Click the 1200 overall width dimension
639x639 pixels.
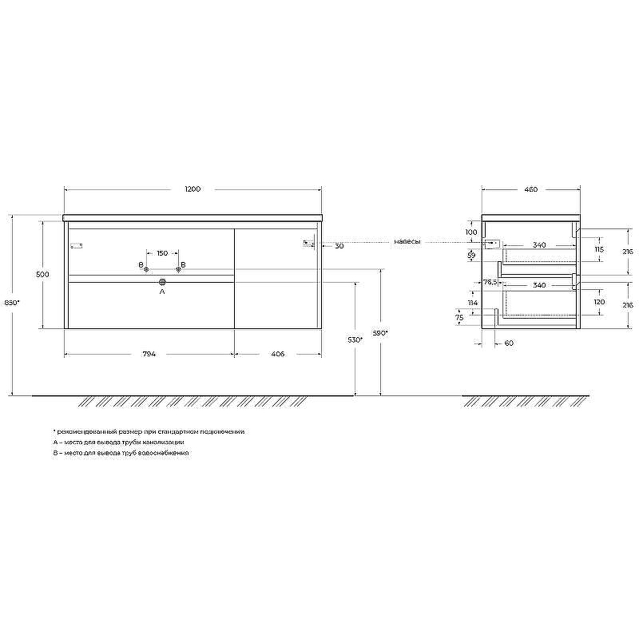coord(192,189)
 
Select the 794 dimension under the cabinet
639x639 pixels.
coord(149,354)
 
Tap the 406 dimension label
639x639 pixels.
coord(277,354)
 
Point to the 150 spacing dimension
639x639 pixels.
coord(162,253)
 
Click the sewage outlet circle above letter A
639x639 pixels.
coord(162,282)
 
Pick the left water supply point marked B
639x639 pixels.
coord(145,268)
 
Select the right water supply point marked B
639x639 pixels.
coord(178,268)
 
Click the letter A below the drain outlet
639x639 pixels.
coord(162,293)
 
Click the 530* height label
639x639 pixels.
coord(355,340)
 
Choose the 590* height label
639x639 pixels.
coord(381,332)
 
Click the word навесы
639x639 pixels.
coord(407,241)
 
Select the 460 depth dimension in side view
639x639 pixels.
coord(530,189)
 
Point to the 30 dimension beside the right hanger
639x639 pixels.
coord(339,246)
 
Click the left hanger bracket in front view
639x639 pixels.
coord(77,245)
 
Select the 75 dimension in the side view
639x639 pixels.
coord(458,318)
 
